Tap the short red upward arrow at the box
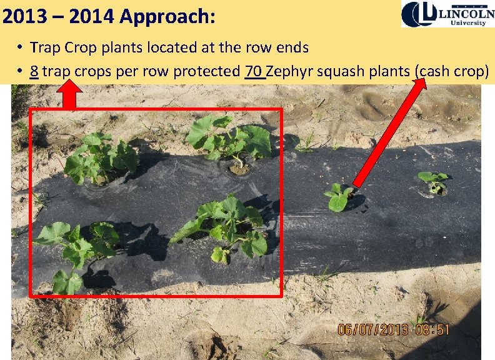[71, 97]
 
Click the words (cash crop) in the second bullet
[451, 71]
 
